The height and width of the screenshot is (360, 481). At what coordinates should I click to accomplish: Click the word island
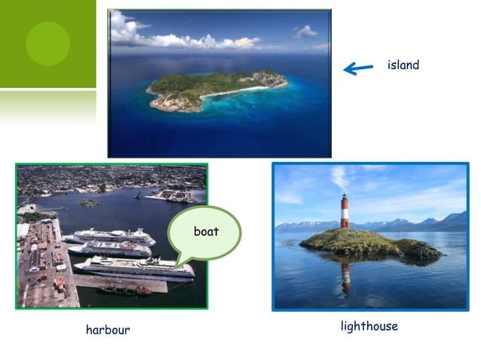403,66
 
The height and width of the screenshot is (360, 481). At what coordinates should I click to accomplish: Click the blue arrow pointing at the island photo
358,69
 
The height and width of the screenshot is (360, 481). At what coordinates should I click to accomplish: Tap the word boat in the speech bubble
206,232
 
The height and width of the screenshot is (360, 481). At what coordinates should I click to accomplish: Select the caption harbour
108,330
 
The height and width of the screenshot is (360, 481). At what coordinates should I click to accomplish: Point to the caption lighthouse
369,326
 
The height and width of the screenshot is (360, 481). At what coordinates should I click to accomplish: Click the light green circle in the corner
47,43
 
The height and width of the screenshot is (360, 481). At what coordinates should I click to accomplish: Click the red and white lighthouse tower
345,212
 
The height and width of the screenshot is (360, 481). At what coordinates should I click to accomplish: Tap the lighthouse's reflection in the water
345,277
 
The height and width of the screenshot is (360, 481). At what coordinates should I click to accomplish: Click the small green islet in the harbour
88,203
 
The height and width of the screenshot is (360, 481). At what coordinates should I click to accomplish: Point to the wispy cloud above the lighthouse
340,178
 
